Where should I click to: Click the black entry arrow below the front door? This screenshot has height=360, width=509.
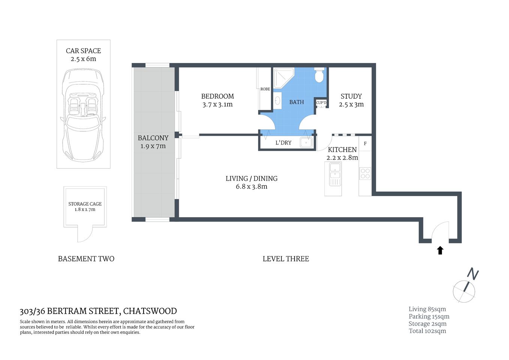pos(440,250)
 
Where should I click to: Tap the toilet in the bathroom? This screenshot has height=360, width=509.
pos(319,75)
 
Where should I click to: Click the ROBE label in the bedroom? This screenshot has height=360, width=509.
pos(265,89)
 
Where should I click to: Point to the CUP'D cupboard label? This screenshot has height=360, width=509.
pos(321,103)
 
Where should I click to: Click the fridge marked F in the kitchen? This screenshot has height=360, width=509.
pos(365,144)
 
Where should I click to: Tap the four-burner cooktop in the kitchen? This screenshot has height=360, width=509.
pos(365,174)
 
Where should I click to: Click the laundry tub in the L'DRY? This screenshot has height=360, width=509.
pos(306,142)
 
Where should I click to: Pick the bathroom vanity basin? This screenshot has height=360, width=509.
pos(277,100)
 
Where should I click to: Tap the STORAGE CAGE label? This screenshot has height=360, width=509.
pos(85,204)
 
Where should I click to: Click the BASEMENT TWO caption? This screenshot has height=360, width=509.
pos(86,259)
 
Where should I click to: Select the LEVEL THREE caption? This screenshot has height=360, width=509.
pos(286,259)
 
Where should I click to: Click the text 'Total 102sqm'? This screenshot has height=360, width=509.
pos(427,331)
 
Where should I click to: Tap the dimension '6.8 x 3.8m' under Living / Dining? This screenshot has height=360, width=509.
pos(252,187)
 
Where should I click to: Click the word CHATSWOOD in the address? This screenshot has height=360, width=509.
pos(150,311)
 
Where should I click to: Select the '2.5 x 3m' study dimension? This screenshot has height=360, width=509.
pos(351,105)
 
